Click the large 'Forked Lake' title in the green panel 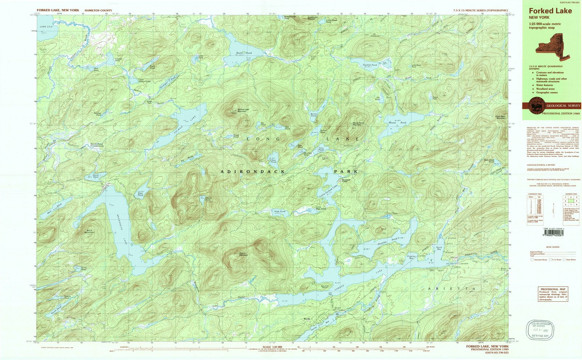pos(550,11)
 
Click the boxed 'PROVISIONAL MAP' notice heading pos(553,289)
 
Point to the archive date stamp pos(540,330)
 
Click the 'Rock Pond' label pos(244,53)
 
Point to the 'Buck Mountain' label pos(89,231)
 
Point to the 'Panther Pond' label pos(97,114)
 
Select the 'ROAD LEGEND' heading pos(553,247)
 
